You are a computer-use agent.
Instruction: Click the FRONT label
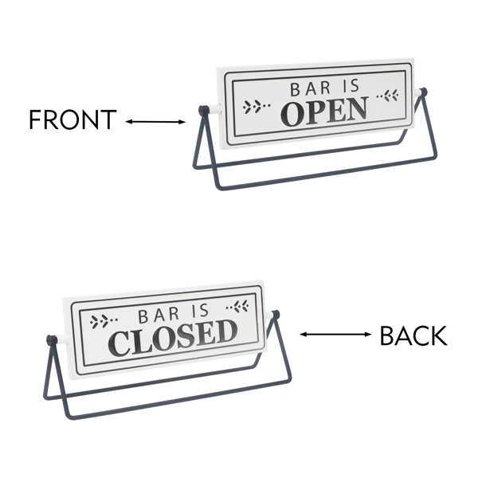[72, 119]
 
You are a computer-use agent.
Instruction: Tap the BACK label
[413, 335]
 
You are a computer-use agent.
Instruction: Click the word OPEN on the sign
[324, 112]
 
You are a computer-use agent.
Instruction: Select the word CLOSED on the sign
[173, 338]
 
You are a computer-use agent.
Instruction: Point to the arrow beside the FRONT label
[155, 122]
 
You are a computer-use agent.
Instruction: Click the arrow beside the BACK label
[335, 335]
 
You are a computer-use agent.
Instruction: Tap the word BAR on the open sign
[311, 88]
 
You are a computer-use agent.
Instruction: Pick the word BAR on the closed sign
[159, 315]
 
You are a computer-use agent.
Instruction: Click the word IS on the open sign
[351, 86]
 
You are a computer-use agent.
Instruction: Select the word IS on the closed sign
[200, 311]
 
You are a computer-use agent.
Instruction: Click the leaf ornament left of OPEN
[257, 107]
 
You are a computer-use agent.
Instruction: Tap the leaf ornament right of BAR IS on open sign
[387, 96]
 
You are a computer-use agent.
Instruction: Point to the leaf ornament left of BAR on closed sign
[104, 321]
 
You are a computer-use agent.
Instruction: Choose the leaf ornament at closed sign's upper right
[237, 307]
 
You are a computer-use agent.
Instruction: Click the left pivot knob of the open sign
[203, 110]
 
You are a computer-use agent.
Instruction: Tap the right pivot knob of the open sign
[423, 92]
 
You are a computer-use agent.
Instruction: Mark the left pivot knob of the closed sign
[51, 340]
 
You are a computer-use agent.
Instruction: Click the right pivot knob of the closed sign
[276, 315]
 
